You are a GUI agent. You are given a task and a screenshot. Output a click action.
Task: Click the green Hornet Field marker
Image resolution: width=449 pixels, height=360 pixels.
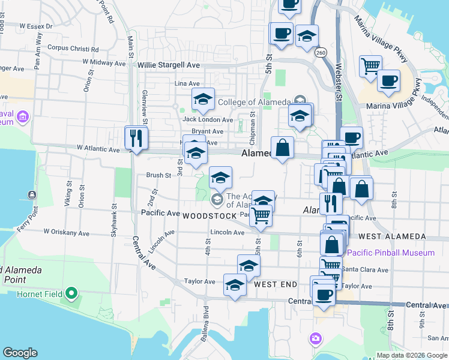(72, 294)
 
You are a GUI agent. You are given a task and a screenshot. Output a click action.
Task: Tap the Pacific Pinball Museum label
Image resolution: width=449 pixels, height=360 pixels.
(391, 253)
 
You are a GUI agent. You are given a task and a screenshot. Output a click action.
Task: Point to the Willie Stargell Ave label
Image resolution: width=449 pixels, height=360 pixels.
(168, 65)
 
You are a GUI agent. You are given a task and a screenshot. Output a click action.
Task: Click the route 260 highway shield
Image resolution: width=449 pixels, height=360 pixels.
(321, 53)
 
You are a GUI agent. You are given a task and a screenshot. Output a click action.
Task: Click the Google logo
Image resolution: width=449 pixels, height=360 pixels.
(20, 353)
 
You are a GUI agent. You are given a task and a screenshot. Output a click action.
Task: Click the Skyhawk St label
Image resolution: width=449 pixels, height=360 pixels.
(113, 220)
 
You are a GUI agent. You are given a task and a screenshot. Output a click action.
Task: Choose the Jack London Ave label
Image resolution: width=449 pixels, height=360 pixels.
(207, 119)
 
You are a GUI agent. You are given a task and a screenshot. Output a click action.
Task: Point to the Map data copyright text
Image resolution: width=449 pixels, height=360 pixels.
(412, 355)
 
